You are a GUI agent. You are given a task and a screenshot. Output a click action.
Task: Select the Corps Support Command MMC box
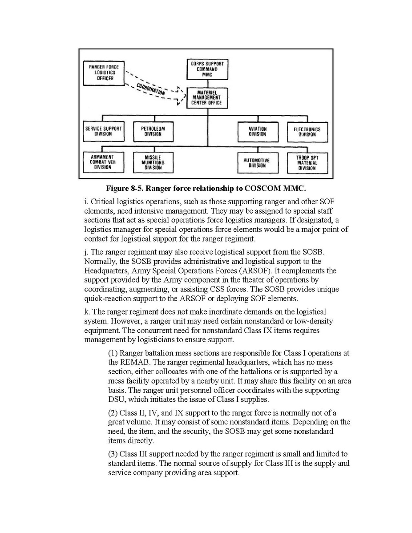point(207,69)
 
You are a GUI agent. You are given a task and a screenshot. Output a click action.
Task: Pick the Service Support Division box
point(103,132)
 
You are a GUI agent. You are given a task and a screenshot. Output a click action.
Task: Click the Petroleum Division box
point(153,132)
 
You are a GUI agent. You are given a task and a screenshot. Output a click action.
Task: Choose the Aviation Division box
point(257,132)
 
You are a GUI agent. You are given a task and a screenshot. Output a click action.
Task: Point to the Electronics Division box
point(307,132)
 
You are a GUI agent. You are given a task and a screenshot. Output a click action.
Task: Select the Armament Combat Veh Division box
point(103,162)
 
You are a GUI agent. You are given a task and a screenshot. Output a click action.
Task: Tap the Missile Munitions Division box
point(153,162)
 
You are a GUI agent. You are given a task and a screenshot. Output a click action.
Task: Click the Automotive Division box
point(257,163)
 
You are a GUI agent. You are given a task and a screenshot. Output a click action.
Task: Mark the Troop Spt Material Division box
point(307,163)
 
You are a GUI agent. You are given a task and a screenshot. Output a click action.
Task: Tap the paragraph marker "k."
point(87,311)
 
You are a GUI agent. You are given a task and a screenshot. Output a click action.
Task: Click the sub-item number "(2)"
point(113,412)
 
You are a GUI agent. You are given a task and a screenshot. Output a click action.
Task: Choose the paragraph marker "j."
point(86,252)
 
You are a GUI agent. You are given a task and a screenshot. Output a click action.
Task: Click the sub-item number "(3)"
point(113,453)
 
